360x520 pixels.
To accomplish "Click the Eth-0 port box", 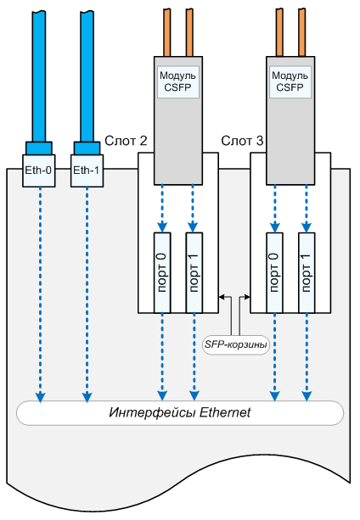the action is [39, 171].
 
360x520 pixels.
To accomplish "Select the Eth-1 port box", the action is [87, 171].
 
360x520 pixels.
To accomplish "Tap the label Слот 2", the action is [126, 141].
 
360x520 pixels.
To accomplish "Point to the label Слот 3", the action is [242, 141].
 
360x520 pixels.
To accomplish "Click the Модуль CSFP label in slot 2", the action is [177, 81].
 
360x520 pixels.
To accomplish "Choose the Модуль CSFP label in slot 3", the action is [290, 81].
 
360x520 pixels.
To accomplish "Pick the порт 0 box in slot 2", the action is [162, 272].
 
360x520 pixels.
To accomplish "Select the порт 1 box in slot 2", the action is [194, 272].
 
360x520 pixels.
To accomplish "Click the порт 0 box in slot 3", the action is [275, 272].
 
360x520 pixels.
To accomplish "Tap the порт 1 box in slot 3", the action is [307, 272].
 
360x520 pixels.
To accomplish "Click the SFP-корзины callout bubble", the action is [235, 345].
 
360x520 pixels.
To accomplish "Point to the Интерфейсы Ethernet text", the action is [180, 413].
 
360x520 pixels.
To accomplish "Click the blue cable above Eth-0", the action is [39, 76].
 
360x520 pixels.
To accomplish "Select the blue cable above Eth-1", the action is [87, 76].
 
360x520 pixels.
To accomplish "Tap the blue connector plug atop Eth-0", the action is [39, 148].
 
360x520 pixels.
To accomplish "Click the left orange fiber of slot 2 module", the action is [167, 32].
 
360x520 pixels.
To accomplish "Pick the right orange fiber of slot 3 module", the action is [302, 32].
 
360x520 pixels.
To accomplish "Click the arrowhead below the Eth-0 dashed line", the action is [40, 397].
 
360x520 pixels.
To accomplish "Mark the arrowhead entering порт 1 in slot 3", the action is [307, 228].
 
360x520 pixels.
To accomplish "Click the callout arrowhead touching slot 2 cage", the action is [222, 297].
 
